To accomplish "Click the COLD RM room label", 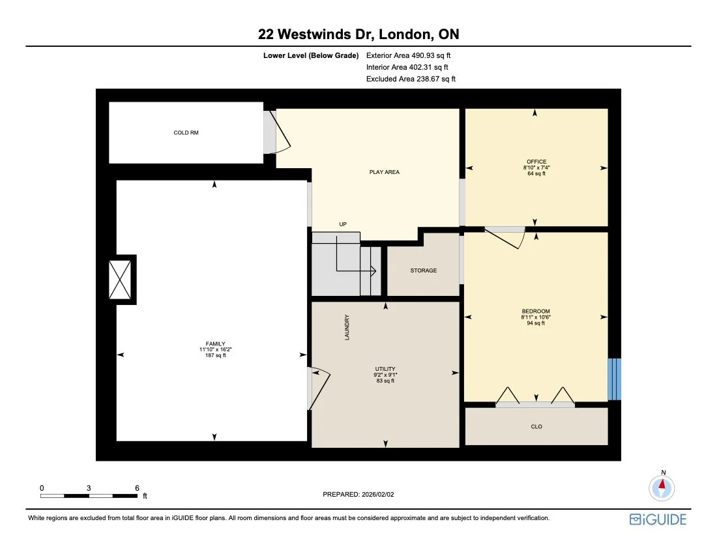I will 186,133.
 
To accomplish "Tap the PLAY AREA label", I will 384,172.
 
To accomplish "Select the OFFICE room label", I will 536,162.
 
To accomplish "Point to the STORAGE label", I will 423,270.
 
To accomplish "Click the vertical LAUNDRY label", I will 347,327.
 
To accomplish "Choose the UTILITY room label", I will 385,369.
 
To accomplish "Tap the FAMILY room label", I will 215,343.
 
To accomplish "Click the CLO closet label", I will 536,427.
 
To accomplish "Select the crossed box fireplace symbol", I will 122,280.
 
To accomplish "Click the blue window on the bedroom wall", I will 614,379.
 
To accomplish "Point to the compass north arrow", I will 662,486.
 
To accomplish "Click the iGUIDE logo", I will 658,519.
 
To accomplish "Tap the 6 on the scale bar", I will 137,488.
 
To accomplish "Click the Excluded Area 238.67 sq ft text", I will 411,79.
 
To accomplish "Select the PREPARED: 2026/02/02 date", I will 358,495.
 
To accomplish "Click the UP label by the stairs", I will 342,224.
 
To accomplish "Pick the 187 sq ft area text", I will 215,356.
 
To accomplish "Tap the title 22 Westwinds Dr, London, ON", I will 358,35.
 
